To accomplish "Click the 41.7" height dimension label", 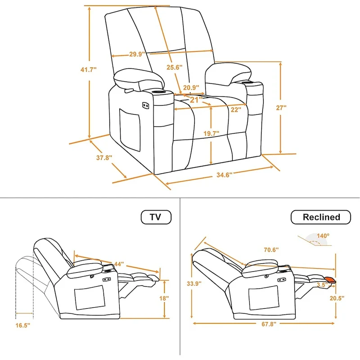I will point(88,70).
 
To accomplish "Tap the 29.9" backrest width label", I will point(136,54).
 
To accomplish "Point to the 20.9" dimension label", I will point(191,88).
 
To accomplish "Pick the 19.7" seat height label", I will point(211,133).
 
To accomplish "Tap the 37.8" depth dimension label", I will point(104,157).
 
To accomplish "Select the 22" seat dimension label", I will point(236,109).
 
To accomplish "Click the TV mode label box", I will point(156,217).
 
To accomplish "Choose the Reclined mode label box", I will point(321,217).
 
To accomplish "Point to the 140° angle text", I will point(323,235).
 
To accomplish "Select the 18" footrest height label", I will point(164,298).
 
